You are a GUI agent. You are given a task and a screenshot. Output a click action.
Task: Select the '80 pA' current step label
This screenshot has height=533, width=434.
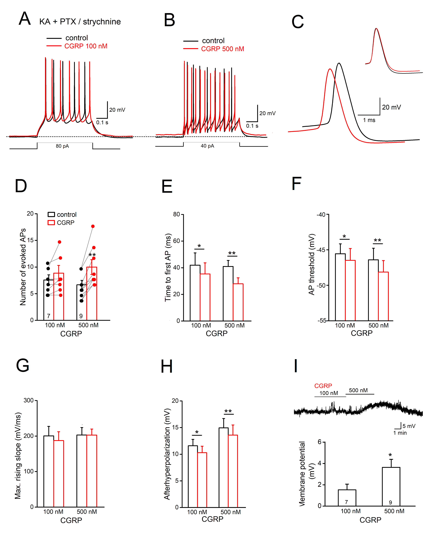62,146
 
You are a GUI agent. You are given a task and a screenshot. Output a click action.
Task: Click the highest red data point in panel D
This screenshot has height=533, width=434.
93,226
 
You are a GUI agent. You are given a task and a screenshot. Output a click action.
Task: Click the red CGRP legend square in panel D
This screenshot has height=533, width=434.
51,223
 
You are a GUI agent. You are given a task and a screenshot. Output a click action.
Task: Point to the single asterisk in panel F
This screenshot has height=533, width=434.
344,236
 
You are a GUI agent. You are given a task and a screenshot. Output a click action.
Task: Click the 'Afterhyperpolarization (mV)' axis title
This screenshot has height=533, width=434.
167,454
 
